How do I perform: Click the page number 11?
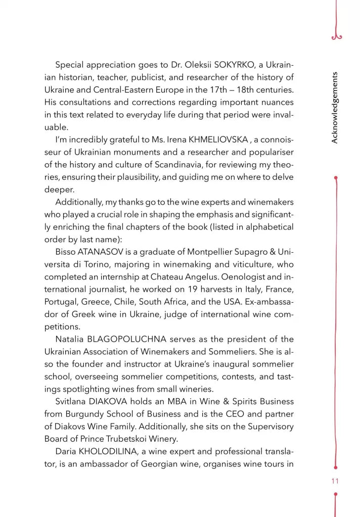click(335, 481)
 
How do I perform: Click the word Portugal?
click(61, 302)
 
